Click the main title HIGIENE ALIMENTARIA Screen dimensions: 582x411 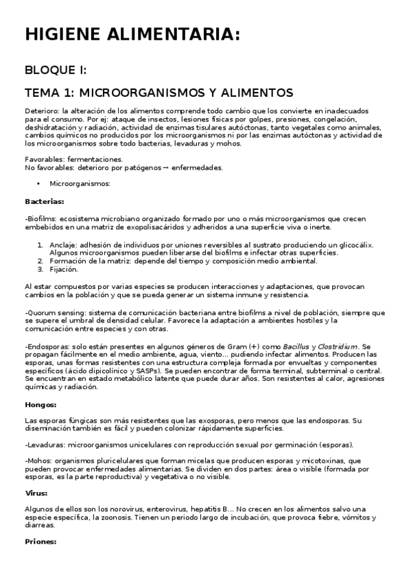tap(132, 35)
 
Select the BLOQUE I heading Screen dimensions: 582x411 tap(56, 71)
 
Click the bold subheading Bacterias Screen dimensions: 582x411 tap(45, 201)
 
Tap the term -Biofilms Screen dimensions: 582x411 tap(41, 218)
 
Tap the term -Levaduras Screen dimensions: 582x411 tap(45, 445)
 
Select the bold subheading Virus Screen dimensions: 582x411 tap(36, 492)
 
